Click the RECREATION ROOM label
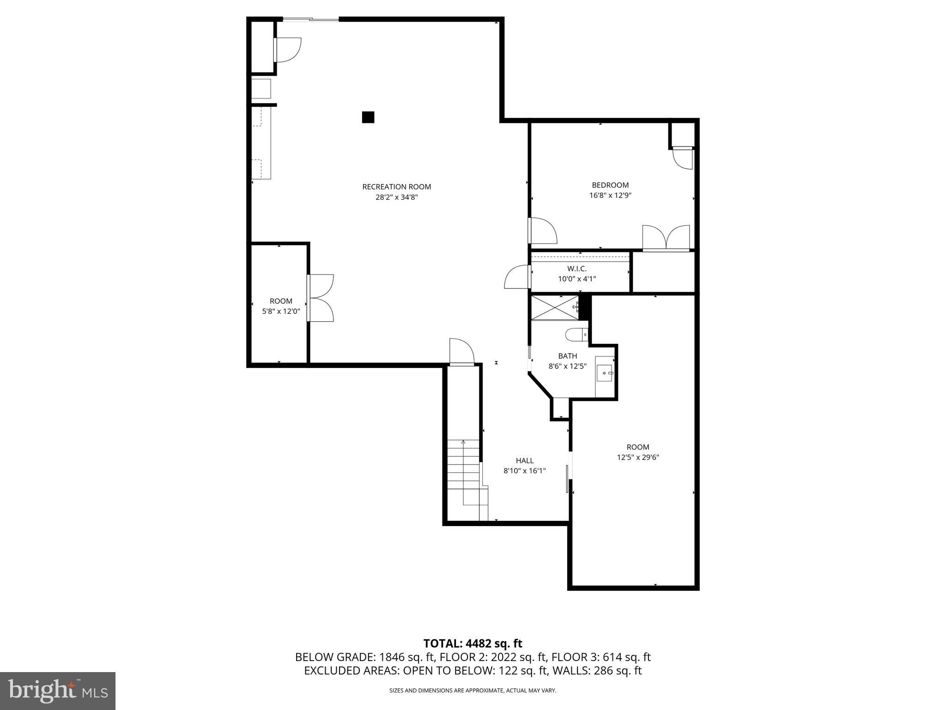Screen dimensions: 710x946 point(396,187)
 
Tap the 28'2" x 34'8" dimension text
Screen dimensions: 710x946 point(396,197)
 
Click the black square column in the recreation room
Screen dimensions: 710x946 point(368,117)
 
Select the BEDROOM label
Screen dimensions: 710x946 point(610,185)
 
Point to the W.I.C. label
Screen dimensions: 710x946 point(577,269)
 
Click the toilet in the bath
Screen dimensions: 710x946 point(576,334)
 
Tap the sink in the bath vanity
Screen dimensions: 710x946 point(605,373)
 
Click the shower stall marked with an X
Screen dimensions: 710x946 point(554,307)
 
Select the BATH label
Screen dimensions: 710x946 point(567,356)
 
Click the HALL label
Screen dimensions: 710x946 point(525,460)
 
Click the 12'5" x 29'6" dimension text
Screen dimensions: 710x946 point(638,457)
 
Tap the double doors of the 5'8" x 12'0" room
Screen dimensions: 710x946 point(321,298)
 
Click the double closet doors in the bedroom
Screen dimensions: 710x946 point(666,239)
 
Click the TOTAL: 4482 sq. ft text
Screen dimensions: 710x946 point(473,643)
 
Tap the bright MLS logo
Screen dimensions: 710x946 point(58,691)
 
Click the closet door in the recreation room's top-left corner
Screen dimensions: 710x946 point(287,50)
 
